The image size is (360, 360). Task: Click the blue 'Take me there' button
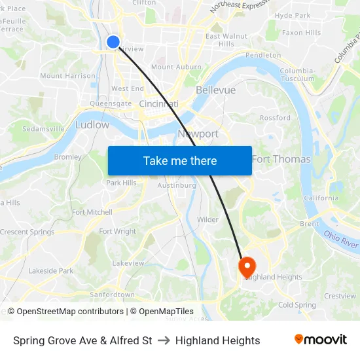(x=180, y=160)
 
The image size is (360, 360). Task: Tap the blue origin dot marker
(x=113, y=42)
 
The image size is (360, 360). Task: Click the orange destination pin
(x=247, y=267)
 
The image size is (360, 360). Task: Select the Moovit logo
(x=321, y=339)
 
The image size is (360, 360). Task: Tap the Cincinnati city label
(x=159, y=104)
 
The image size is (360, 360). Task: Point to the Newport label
(x=198, y=134)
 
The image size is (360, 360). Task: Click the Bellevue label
(x=215, y=90)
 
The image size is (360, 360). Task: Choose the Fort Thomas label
(x=281, y=159)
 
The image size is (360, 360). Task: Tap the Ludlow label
(x=92, y=124)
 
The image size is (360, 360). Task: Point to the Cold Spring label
(x=297, y=305)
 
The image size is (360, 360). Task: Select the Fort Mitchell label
(x=92, y=212)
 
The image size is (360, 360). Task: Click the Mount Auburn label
(x=176, y=67)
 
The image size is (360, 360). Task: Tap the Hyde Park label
(x=293, y=15)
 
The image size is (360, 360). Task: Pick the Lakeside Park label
(x=51, y=270)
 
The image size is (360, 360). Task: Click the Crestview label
(x=340, y=296)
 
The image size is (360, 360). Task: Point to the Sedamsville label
(x=43, y=129)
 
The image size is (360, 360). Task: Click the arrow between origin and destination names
(x=164, y=340)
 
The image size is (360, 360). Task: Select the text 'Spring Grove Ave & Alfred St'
(x=82, y=340)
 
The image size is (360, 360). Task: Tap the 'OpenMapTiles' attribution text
(x=166, y=312)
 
